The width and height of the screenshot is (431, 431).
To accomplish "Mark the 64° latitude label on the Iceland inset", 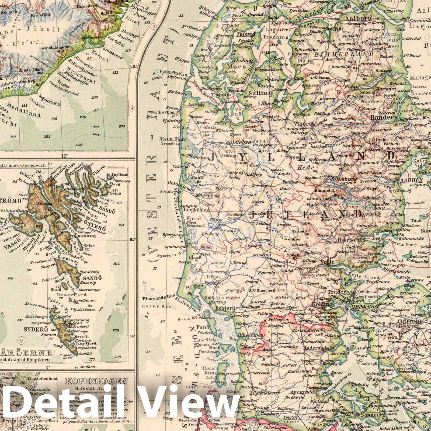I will point(135,67).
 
